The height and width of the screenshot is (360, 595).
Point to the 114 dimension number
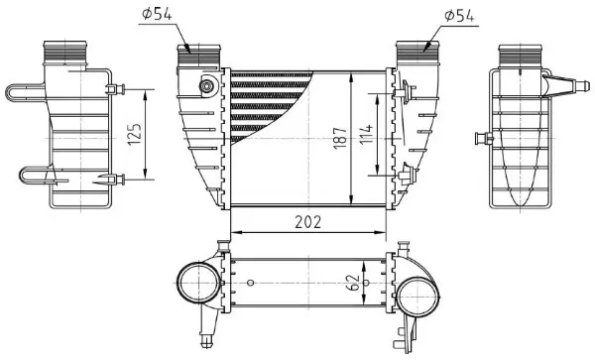point(365,133)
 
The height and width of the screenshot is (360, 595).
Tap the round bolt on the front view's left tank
point(207,86)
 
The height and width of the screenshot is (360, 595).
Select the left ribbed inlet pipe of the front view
point(197,53)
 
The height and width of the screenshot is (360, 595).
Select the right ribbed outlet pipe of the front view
point(412,53)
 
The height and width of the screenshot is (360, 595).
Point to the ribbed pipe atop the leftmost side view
point(66,52)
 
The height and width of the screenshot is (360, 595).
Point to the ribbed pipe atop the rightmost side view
point(518,52)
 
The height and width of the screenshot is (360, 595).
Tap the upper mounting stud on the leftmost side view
point(117,89)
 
